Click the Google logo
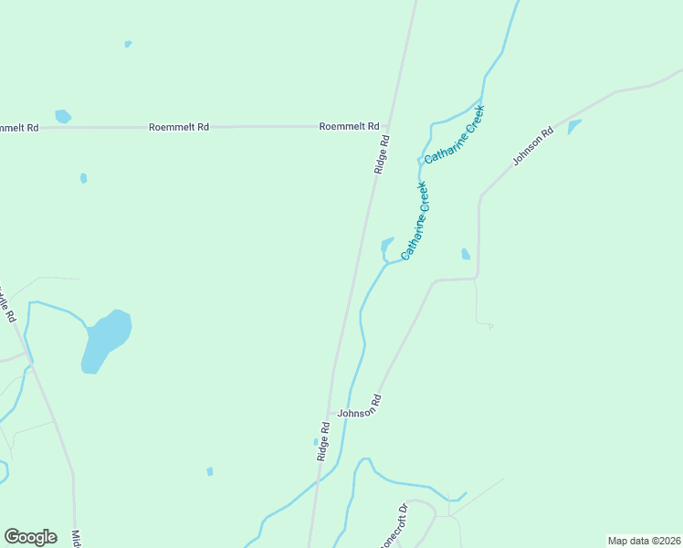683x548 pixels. point(30,537)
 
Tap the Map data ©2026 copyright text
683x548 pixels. point(644,540)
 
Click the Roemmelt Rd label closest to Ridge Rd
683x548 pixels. point(349,126)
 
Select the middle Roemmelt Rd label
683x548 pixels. point(179,127)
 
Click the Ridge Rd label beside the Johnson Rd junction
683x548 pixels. point(323,440)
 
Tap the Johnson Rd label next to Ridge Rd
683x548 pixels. point(359,407)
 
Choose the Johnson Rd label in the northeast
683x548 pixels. point(533,146)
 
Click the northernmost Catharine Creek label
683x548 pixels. point(454,134)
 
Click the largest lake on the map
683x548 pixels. point(105,341)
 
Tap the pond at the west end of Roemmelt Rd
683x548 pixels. point(62,116)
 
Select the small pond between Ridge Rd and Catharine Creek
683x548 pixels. point(387,246)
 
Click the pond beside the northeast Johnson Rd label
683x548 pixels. point(573,126)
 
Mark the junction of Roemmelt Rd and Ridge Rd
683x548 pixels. point(388,126)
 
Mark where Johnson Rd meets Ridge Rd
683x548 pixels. point(329,414)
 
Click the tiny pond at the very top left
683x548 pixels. point(128,43)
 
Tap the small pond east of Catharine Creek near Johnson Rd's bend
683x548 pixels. point(466,254)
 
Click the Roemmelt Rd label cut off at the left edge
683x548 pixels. point(19,128)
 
